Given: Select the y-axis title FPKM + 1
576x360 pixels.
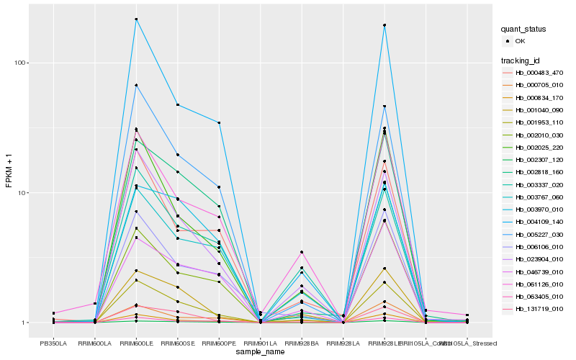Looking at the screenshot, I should coord(9,171).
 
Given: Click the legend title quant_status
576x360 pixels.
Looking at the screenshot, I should coord(523,30).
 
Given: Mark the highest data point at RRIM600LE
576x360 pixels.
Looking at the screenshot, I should coord(136,19).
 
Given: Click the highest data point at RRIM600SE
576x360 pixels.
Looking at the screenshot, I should coord(177,105).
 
